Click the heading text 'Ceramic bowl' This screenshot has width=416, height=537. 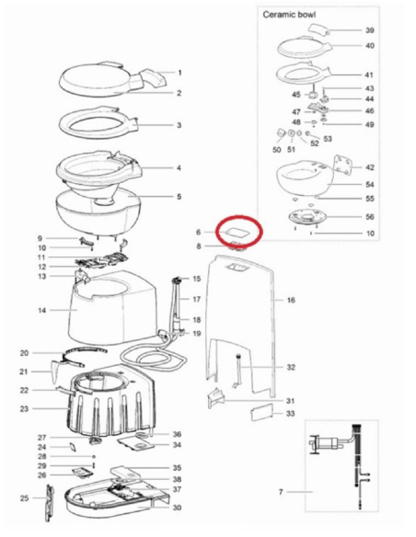(289, 15)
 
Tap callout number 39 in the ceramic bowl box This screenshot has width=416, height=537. (370, 30)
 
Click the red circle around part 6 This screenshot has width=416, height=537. (238, 230)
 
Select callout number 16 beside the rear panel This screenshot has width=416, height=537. (291, 300)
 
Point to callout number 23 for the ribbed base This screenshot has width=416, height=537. (24, 408)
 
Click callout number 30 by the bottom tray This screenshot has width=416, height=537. (177, 508)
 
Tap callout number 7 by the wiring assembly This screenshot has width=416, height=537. (281, 492)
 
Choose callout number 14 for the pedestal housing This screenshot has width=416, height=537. (41, 310)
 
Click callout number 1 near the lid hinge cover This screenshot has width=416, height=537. (179, 73)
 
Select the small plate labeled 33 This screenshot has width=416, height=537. (262, 412)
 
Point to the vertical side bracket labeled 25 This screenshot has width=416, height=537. (50, 503)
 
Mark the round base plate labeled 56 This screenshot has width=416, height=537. (307, 217)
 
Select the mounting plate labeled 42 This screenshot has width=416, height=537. (343, 166)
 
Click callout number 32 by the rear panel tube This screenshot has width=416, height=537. (291, 367)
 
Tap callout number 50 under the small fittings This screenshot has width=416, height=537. (276, 150)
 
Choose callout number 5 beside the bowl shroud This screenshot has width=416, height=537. (179, 197)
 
